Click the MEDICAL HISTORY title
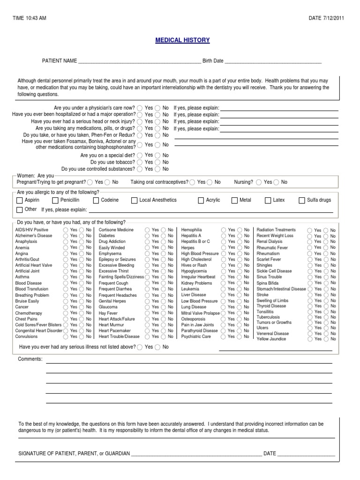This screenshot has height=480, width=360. click(x=182, y=40)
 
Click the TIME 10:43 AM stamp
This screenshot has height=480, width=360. click(x=29, y=18)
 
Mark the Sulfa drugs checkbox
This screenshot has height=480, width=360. click(x=302, y=200)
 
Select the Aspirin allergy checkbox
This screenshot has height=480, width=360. click(x=20, y=200)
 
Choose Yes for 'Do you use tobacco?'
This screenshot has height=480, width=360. click(x=140, y=162)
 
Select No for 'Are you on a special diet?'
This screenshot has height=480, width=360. click(x=158, y=155)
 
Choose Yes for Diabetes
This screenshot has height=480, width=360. click(x=147, y=236)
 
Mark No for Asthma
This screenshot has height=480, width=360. click(x=82, y=277)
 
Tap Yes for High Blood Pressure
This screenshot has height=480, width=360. click(x=223, y=254)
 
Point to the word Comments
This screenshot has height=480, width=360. click(x=30, y=359)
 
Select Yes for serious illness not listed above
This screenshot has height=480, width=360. click(x=140, y=347)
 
